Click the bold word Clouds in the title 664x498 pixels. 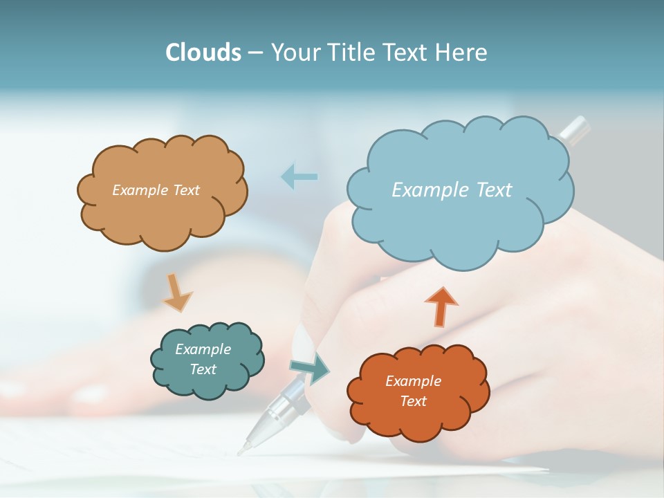tap(203, 53)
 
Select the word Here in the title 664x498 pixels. tap(462, 53)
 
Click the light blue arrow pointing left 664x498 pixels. tap(299, 176)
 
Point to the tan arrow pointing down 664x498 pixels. tap(177, 293)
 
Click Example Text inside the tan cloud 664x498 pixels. tap(156, 190)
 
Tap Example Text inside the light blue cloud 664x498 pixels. tap(452, 190)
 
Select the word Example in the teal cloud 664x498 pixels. tap(203, 349)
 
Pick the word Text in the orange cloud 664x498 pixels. tap(413, 401)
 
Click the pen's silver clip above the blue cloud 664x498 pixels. tap(574, 129)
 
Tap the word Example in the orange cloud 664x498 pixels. tap(413, 381)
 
